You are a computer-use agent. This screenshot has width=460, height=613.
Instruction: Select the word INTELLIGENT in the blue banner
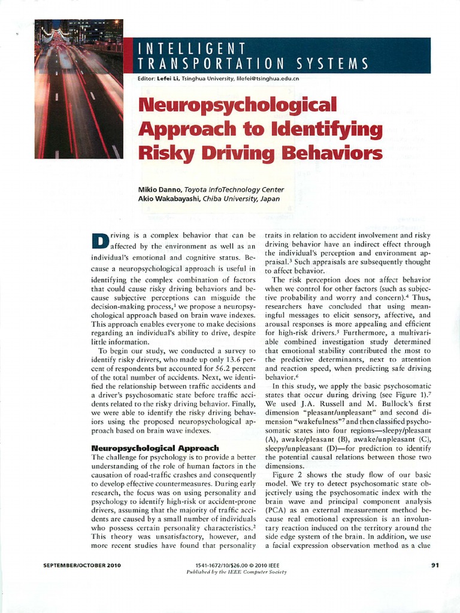coord(191,48)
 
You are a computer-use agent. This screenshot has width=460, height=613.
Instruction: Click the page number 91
coord(435,565)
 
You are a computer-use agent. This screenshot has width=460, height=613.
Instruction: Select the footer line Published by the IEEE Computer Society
coord(237,572)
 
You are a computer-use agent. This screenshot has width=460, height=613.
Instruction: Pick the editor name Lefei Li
coord(165,78)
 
